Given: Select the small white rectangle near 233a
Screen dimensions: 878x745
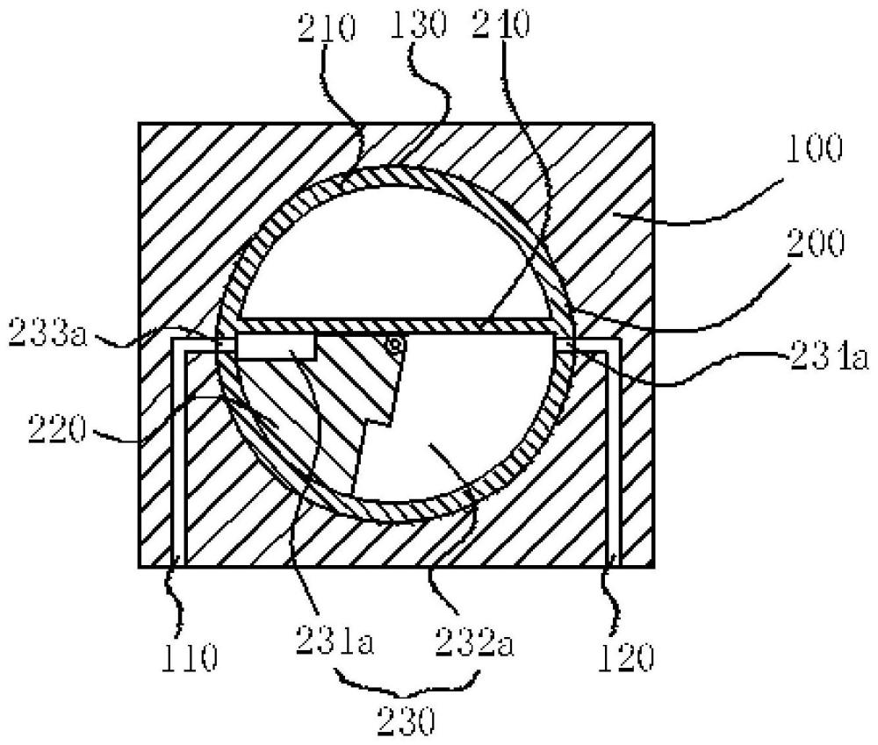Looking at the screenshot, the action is tap(276, 346).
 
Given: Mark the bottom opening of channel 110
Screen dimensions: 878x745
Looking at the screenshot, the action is tap(178, 562).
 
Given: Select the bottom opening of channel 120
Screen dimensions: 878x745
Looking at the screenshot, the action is tap(615, 562).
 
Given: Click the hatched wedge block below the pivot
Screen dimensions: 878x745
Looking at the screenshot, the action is tap(342, 386).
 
